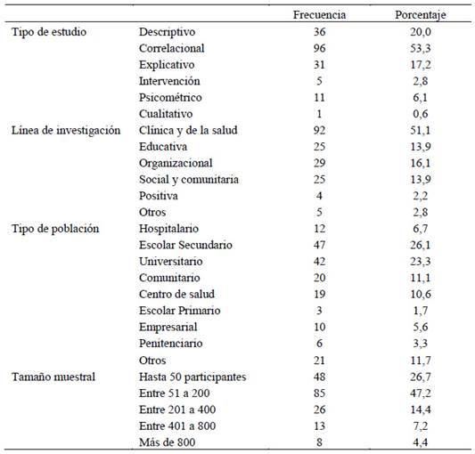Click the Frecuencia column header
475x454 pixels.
[x=319, y=15]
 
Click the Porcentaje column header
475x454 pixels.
[x=421, y=15]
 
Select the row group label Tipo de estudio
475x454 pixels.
[x=49, y=32]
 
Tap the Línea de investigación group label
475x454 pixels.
[x=66, y=131]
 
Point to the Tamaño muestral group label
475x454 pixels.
[x=53, y=377]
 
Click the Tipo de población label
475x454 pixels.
[x=55, y=229]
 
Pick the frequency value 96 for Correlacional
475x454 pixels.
[x=319, y=48]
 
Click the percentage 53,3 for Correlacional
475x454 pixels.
[x=421, y=48]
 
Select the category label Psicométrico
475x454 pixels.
[x=170, y=97]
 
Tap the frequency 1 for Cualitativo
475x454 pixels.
[x=319, y=114]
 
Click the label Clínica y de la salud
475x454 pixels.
[x=188, y=131]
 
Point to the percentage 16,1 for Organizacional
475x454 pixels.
[x=421, y=163]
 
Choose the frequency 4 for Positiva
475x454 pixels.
[x=319, y=196]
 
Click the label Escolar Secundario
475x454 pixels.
[x=185, y=245]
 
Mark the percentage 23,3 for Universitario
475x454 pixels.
[x=421, y=262]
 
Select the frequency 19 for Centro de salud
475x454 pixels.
[x=319, y=294]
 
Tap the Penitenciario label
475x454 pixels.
[x=170, y=344]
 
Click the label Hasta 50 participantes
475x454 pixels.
[x=192, y=377]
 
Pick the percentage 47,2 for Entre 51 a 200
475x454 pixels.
[x=421, y=393]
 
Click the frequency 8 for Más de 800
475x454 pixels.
[x=319, y=442]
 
